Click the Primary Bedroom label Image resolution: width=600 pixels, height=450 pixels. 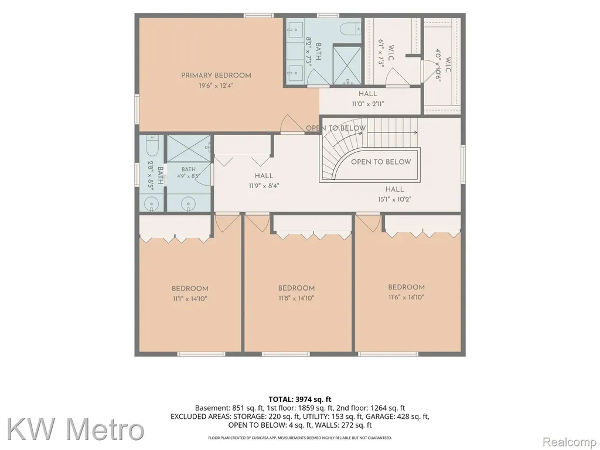click(216, 76)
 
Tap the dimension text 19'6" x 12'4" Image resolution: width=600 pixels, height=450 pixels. click(216, 86)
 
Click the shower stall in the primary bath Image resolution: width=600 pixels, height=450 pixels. click(347, 64)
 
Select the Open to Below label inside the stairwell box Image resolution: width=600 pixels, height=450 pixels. click(381, 162)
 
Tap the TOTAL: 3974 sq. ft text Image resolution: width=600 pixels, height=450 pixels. click(300, 400)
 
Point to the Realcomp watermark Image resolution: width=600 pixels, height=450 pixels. click(570, 442)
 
